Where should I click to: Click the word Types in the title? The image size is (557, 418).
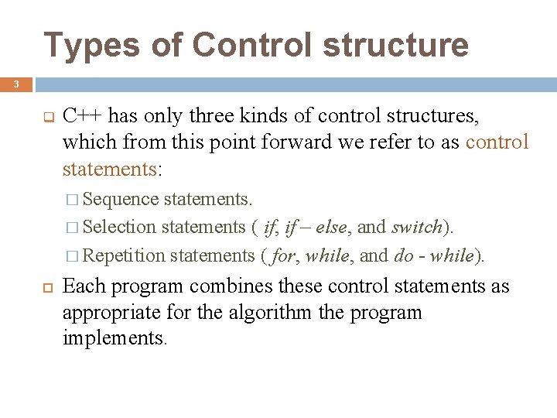(x=80, y=45)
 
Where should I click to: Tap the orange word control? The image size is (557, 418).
(x=497, y=142)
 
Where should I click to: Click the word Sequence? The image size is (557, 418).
(x=120, y=199)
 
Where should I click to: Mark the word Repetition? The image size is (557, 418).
(x=124, y=255)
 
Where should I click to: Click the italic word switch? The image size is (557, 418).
(x=417, y=227)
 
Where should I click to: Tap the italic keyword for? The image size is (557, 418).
(x=282, y=255)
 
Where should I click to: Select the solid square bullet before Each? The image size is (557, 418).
(x=46, y=287)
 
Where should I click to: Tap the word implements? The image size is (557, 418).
(x=113, y=337)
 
